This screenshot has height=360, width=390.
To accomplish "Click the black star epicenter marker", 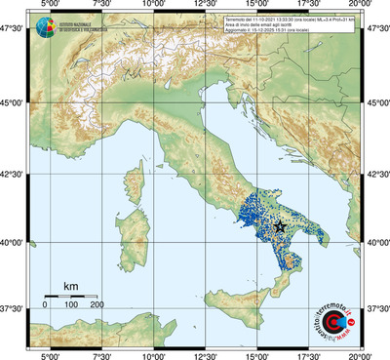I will point(281,225).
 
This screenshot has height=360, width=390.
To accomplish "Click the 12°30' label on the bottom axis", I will point(205,353).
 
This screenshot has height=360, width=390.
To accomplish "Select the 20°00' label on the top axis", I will point(361,7).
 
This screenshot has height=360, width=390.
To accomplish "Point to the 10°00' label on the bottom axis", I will point(152,353).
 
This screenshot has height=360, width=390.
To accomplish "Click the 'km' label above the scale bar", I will point(70,286).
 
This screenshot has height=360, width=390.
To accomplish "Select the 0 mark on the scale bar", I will point(45,305).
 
